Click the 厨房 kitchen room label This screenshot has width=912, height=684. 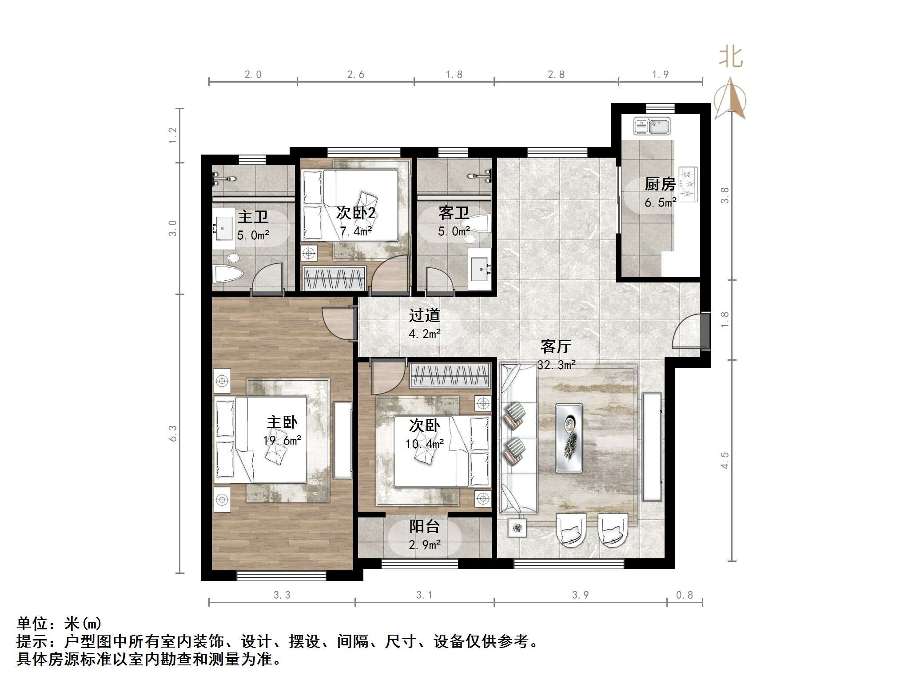point(660,184)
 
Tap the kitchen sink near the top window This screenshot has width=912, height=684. point(652,126)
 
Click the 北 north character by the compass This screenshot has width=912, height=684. point(731,57)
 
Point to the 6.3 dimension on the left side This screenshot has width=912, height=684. point(173,433)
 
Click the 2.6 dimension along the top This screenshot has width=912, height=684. point(355,75)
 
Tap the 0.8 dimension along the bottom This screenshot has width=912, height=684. point(684,595)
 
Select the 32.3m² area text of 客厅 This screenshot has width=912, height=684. point(556,365)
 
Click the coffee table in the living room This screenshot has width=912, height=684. point(569,437)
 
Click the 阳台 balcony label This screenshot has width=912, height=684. point(424,526)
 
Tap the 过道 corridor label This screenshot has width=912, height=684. point(424,315)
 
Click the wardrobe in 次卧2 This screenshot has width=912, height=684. point(333,278)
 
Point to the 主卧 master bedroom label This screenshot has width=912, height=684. point(282,422)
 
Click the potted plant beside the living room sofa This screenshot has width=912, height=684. point(517,528)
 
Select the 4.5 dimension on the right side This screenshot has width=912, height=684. point(725,460)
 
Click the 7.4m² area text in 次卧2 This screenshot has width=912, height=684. point(355,231)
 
